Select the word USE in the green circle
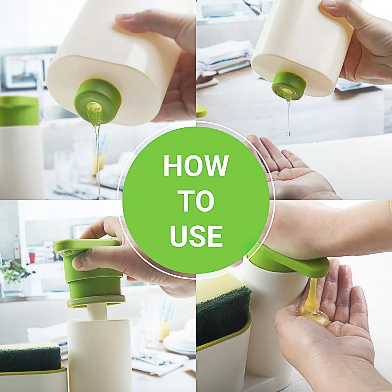pyautogui.click(x=196, y=236)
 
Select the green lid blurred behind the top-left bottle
pyautogui.click(x=19, y=111)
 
